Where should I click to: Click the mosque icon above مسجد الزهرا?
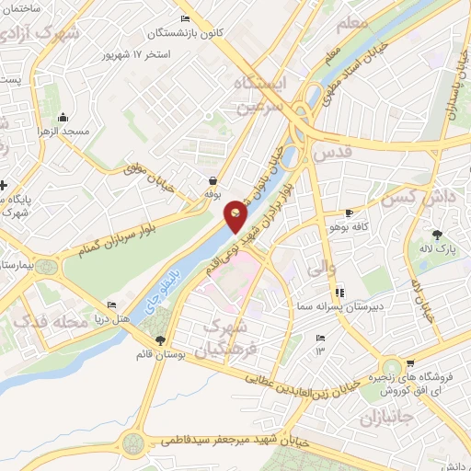63,117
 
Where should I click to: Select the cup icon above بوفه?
213,181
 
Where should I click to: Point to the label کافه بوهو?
350,225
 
